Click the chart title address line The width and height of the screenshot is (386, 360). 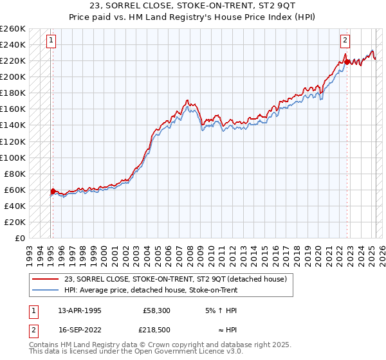coord(193,6)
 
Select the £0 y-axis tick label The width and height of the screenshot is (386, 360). coord(20,238)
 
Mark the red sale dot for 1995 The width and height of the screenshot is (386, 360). coord(53,191)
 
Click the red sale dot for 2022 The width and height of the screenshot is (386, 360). coord(345,62)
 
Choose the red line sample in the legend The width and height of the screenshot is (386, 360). coord(45,278)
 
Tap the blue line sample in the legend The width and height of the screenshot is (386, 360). coord(45,290)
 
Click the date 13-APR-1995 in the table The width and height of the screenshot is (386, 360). coord(79,310)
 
